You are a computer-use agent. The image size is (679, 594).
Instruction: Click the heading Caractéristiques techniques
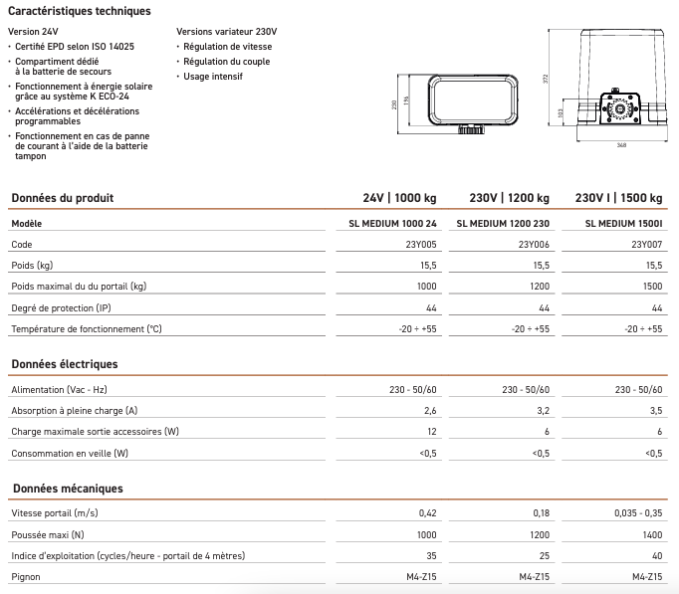tap(80, 11)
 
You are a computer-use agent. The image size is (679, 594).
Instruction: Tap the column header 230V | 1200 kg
tap(510, 198)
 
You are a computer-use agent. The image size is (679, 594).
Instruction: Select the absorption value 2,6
tap(429, 411)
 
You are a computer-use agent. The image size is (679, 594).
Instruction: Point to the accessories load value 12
tap(431, 432)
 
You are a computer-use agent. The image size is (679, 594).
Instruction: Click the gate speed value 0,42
tap(428, 513)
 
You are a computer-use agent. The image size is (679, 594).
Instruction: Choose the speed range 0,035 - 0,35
tap(634, 513)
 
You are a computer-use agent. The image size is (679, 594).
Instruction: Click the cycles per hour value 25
tap(544, 555)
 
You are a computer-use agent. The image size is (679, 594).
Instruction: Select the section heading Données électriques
tap(64, 365)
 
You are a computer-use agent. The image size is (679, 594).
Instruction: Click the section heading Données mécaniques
tap(66, 489)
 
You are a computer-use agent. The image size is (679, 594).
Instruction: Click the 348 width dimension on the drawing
tap(621, 145)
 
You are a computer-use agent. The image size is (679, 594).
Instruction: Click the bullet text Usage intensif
tap(214, 77)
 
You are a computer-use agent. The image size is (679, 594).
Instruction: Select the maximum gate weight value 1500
tap(652, 287)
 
